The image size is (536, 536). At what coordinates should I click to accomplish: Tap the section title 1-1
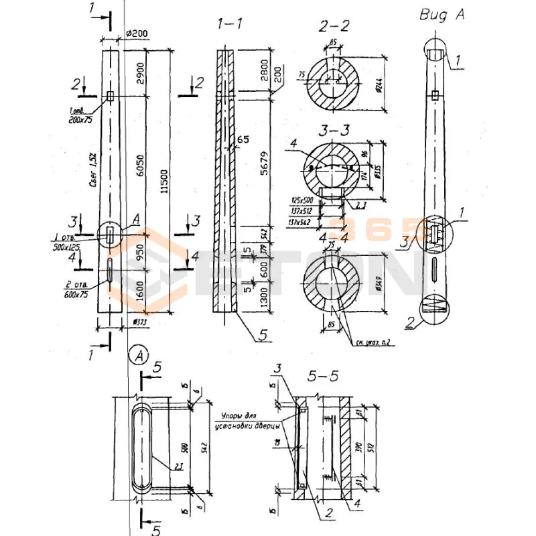coord(229,25)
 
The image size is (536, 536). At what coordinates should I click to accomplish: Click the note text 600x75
coord(76,294)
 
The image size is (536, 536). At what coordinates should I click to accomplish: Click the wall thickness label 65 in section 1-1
coord(242,139)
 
